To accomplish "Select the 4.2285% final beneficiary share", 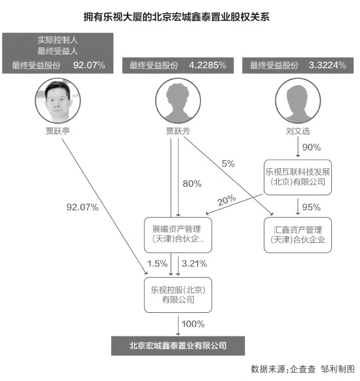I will tap(207, 65).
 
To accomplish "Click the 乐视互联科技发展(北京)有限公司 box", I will tap(297, 177).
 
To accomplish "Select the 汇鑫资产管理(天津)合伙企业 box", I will tap(298, 235).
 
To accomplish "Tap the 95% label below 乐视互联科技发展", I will tap(311, 208).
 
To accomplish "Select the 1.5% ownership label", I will tap(156, 264).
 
